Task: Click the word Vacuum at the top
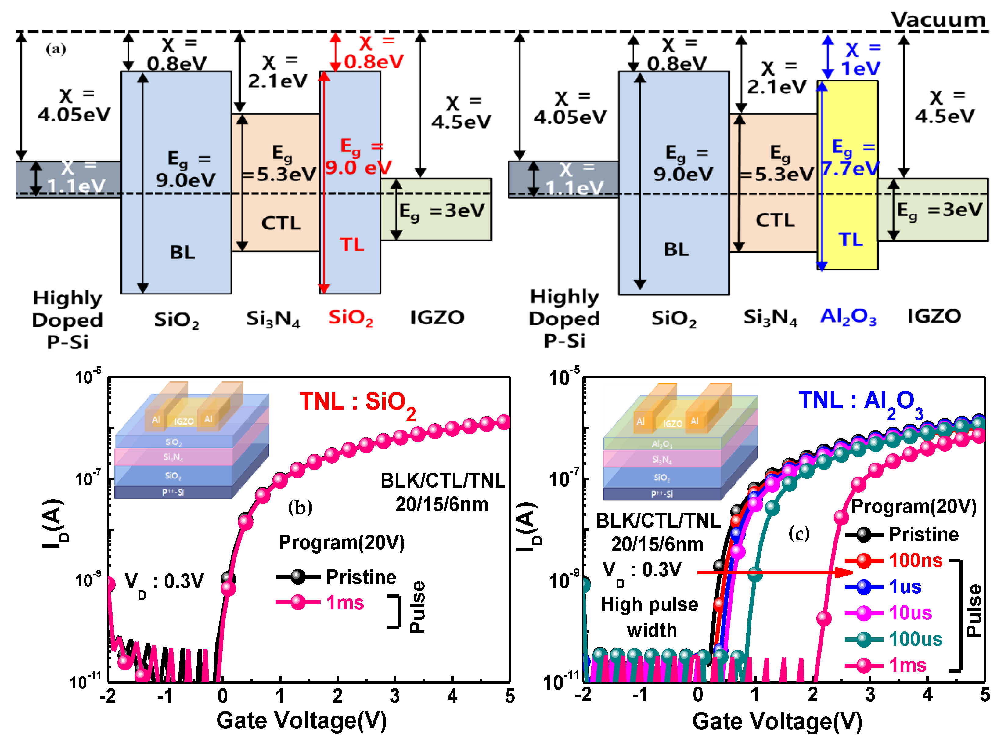click(938, 20)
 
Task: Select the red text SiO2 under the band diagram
click(351, 318)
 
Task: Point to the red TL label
click(352, 245)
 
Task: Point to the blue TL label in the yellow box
click(850, 239)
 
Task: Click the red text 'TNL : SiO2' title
click(357, 402)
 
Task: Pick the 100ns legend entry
click(915, 561)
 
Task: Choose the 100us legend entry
click(915, 639)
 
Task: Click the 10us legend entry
click(910, 613)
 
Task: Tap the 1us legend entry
click(905, 586)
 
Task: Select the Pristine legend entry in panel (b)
click(361, 577)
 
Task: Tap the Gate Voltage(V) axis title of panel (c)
click(777, 722)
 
